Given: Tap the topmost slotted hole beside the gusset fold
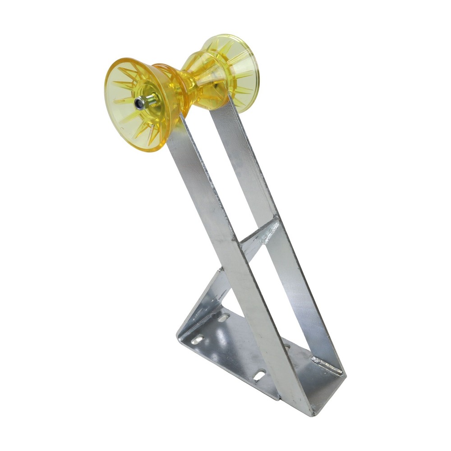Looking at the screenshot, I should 223,318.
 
